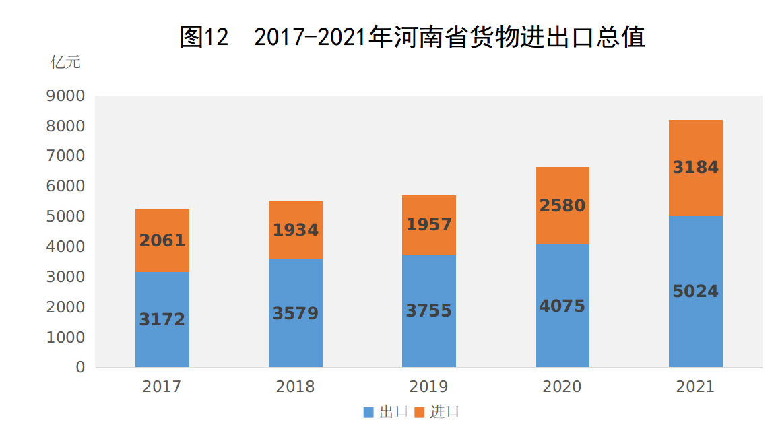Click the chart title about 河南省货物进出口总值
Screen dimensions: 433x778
pyautogui.click(x=412, y=37)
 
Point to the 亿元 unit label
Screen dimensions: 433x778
pyautogui.click(x=65, y=63)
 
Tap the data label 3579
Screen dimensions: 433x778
pyautogui.click(x=295, y=314)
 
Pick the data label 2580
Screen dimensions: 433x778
pyautogui.click(x=562, y=205)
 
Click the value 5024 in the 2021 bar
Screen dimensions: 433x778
pyautogui.click(x=695, y=292)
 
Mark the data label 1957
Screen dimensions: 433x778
pyautogui.click(x=428, y=224)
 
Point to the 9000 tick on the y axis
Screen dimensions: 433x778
pyautogui.click(x=66, y=96)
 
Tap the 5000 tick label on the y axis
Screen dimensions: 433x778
pyautogui.click(x=66, y=217)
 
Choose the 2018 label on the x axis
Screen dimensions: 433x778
pyautogui.click(x=295, y=387)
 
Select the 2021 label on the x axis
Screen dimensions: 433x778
pyautogui.click(x=695, y=387)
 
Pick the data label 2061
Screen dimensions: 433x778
pyautogui.click(x=162, y=241)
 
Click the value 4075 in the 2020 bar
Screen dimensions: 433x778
pyautogui.click(x=562, y=306)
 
